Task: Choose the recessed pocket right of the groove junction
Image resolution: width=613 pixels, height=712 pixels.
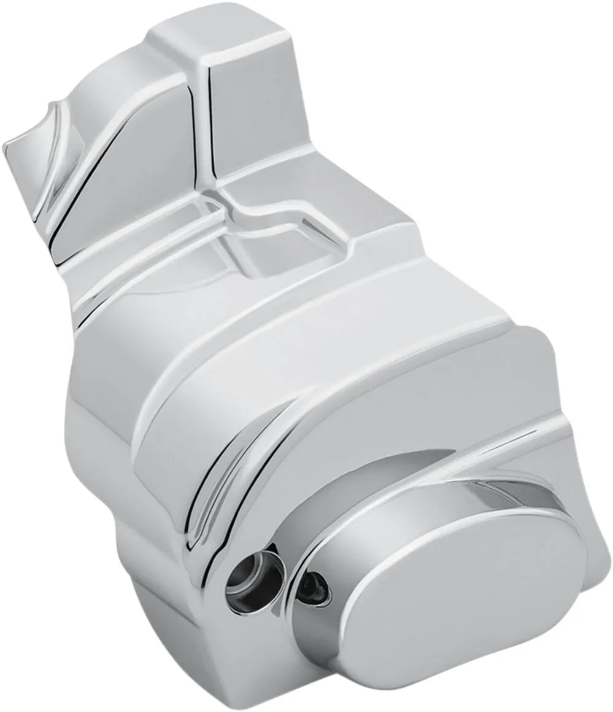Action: coord(282,252)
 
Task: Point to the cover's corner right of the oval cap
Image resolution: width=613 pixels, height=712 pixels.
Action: coord(589,541)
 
